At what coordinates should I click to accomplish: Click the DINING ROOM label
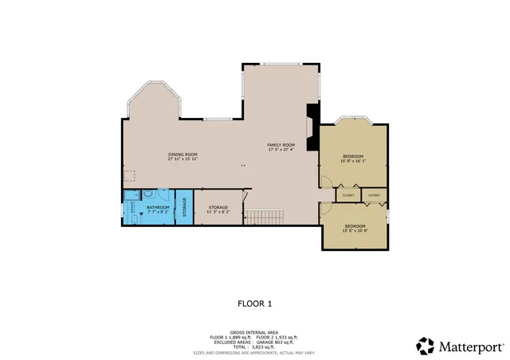point(182,154)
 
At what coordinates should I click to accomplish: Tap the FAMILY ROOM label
point(280,144)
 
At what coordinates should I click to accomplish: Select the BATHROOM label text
point(158,207)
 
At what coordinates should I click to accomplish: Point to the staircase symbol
point(259,217)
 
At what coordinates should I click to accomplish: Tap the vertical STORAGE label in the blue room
point(185,209)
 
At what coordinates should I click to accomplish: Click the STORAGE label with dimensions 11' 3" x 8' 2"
point(218,207)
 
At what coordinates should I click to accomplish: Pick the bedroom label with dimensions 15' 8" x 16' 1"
point(353,155)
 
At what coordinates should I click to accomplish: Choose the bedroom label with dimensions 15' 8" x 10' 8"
point(355,226)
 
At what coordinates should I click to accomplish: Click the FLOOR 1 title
point(255,303)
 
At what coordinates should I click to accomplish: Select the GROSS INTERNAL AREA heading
point(254,332)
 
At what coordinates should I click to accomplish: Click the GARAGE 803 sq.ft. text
point(276,342)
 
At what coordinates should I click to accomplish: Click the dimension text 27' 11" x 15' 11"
point(182,159)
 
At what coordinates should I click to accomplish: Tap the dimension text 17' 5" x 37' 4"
point(280,150)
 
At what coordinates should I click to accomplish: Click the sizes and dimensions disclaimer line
point(254,351)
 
